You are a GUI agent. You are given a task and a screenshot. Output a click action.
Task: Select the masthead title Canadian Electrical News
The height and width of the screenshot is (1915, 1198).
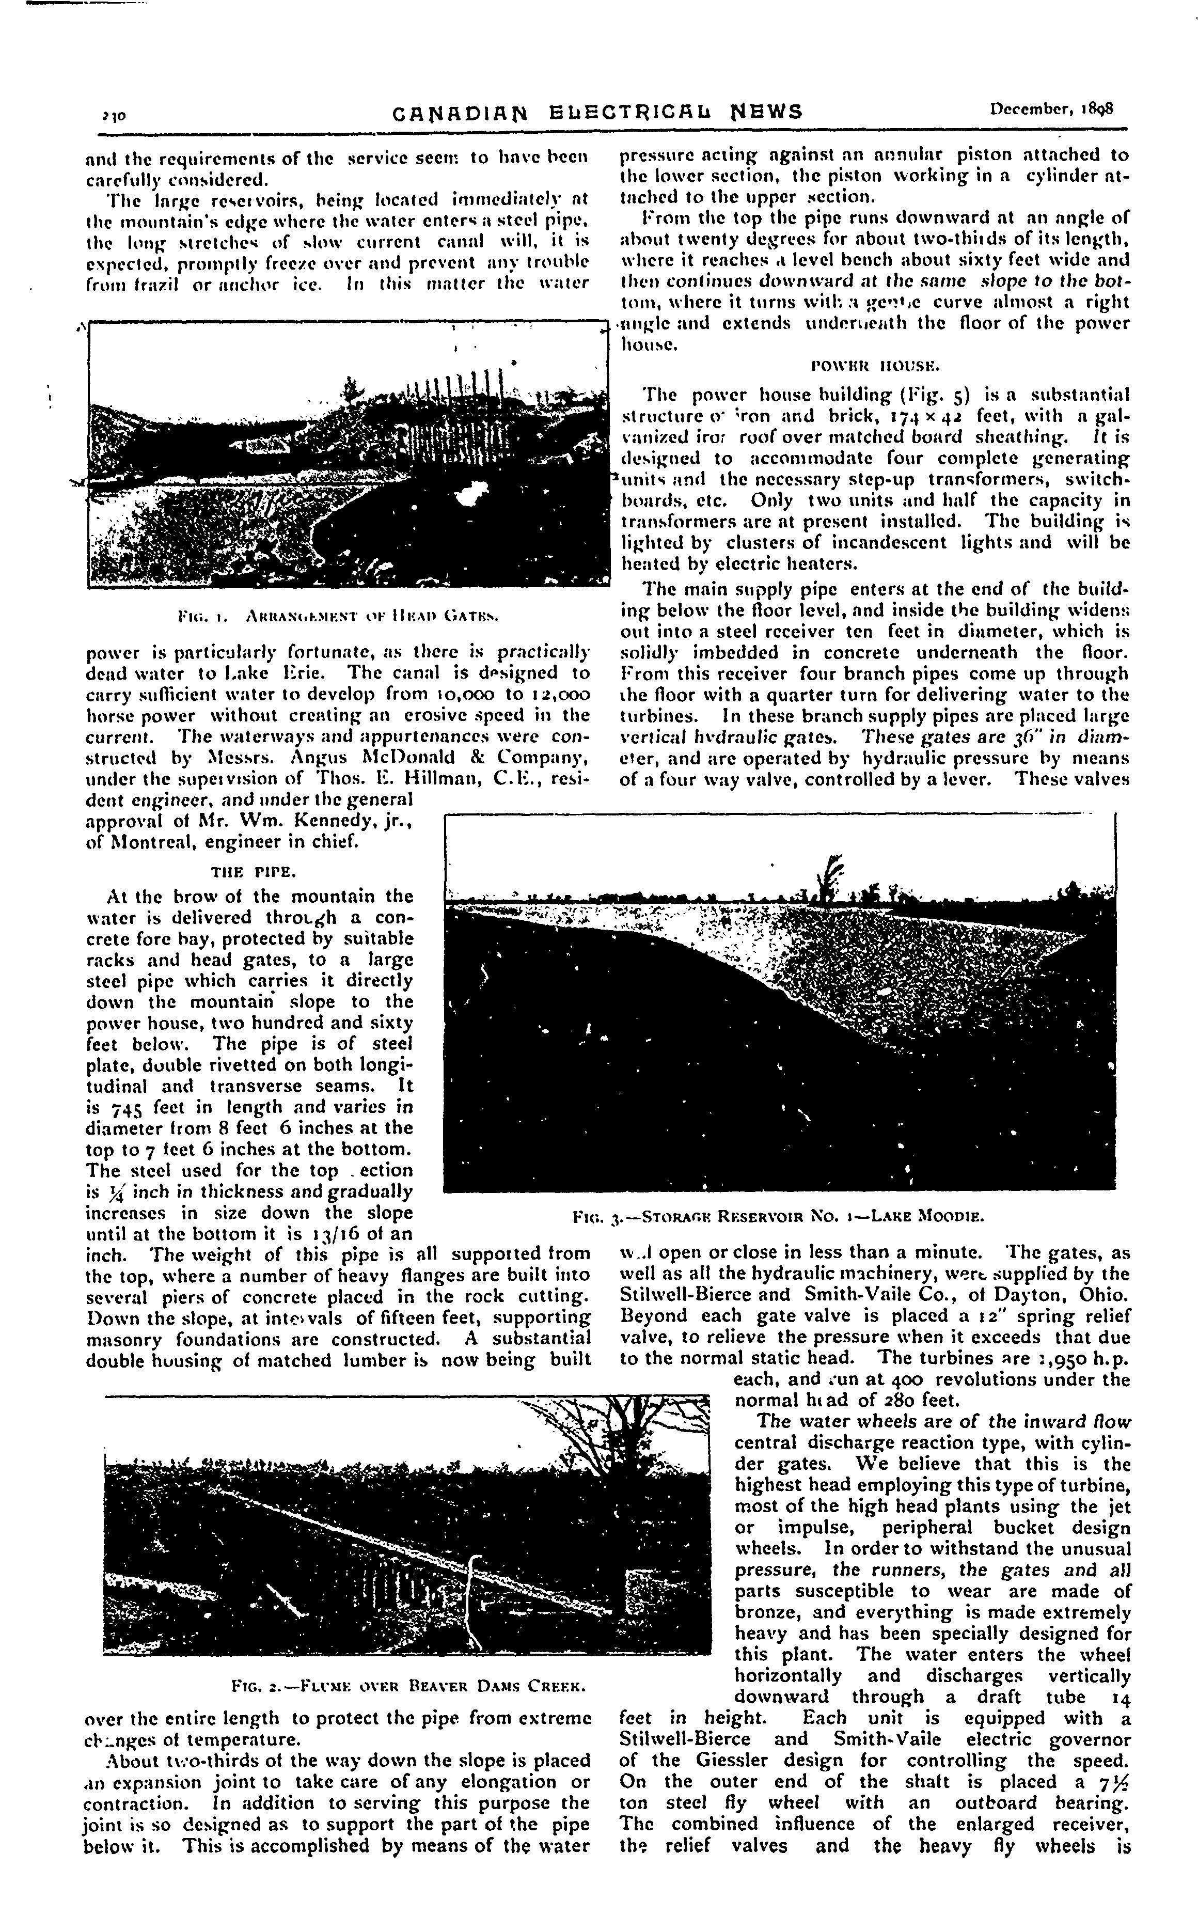tap(597, 112)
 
